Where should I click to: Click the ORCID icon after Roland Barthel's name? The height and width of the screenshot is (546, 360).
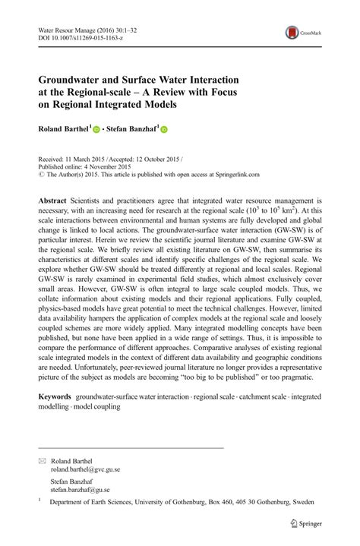point(96,131)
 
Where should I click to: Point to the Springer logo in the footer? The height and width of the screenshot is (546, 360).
point(308,523)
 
